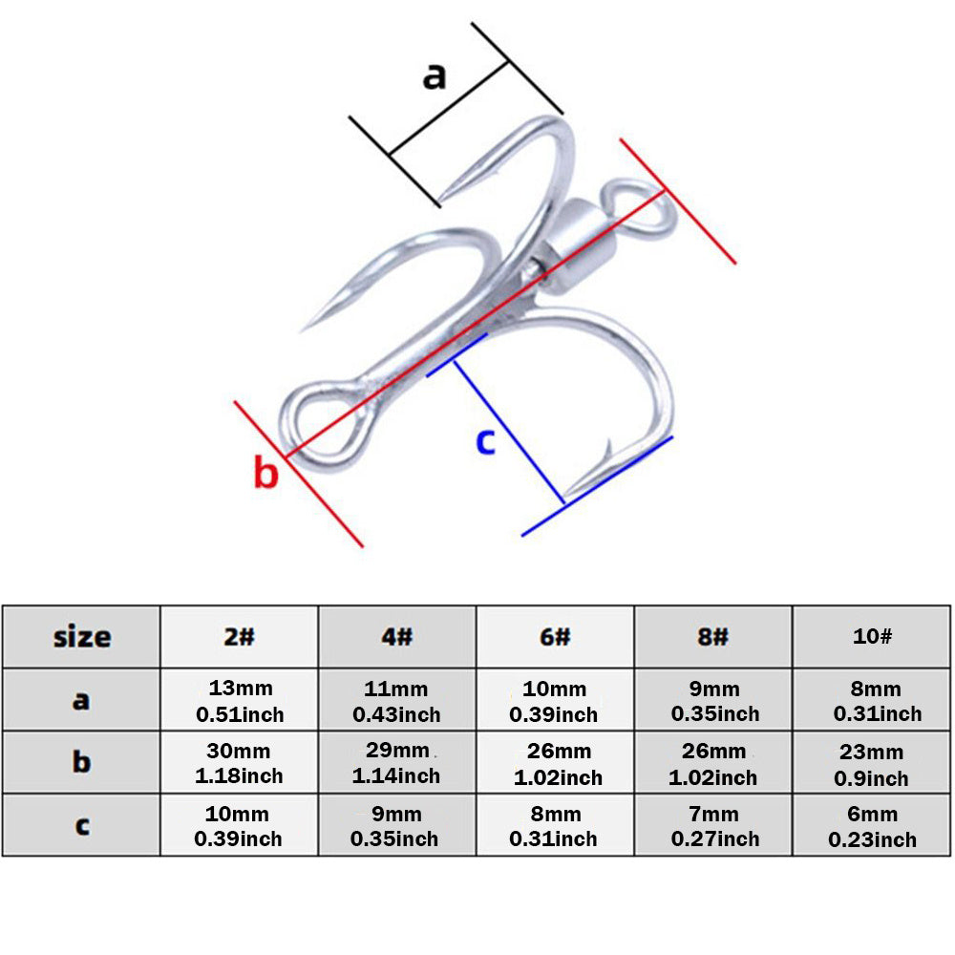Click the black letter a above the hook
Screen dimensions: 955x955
pyautogui.click(x=435, y=76)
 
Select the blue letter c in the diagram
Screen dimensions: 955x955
pyautogui.click(x=485, y=441)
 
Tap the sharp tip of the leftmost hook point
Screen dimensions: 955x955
pyautogui.click(x=302, y=330)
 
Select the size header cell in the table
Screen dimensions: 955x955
pyautogui.click(x=81, y=637)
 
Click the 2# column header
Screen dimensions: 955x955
pyautogui.click(x=239, y=637)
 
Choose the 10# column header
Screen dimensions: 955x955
pyautogui.click(x=872, y=637)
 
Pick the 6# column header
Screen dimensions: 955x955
pyautogui.click(x=555, y=637)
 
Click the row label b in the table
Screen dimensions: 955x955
pyautogui.click(x=81, y=762)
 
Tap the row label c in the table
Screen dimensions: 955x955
pyautogui.click(x=81, y=825)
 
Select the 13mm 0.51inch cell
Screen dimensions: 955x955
pyautogui.click(x=239, y=700)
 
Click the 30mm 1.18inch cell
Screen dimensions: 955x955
pyautogui.click(x=239, y=762)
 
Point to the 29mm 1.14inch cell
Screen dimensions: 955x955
pyautogui.click(x=397, y=762)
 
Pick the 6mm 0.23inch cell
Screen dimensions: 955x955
pyautogui.click(x=872, y=825)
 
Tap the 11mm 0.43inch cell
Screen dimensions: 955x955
pyautogui.click(x=397, y=700)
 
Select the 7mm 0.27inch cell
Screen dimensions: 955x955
pyautogui.click(x=713, y=825)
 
